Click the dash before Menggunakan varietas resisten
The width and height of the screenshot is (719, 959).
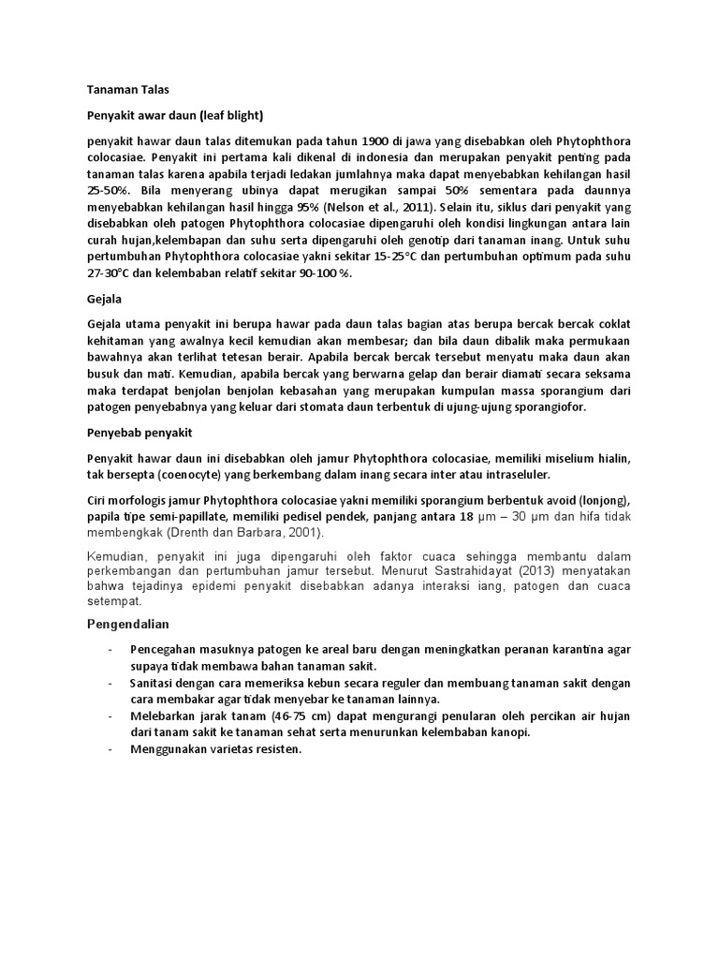(111, 750)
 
